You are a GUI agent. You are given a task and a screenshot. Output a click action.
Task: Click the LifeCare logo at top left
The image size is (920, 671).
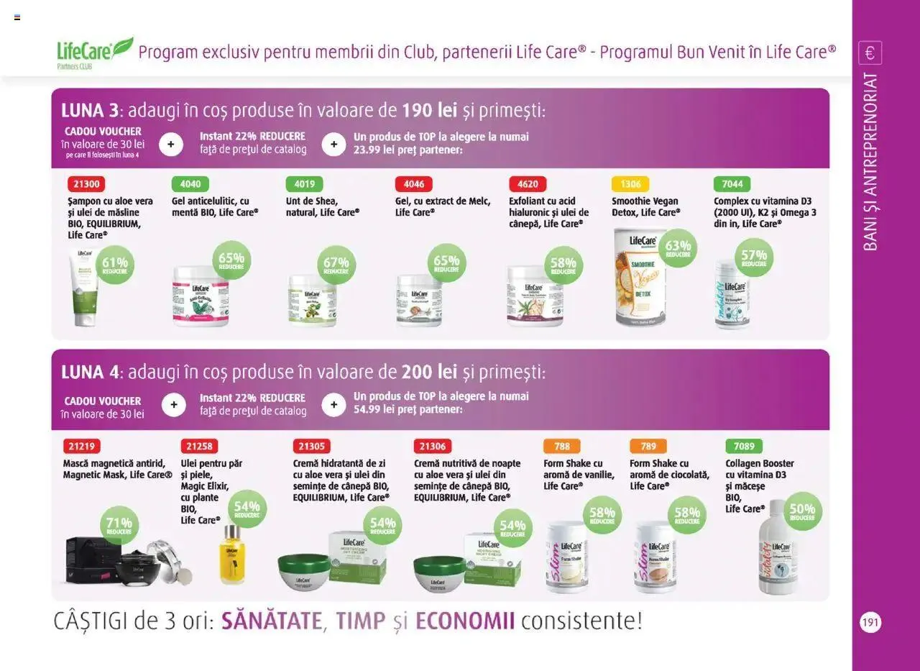coord(93,52)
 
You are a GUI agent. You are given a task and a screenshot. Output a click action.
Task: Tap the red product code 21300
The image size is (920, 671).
coord(85,184)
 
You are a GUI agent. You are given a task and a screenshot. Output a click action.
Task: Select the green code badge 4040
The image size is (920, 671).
coord(190,184)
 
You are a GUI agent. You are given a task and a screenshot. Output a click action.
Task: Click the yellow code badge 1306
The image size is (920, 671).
coord(630,184)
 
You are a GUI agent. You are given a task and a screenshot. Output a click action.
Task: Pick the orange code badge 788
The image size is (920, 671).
coord(561,447)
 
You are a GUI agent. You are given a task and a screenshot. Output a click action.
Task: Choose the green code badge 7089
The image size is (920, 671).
coord(744,447)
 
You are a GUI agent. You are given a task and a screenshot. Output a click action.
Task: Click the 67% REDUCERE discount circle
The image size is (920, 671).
coord(336,265)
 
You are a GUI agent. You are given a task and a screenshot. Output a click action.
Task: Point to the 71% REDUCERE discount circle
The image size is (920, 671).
coord(119,526)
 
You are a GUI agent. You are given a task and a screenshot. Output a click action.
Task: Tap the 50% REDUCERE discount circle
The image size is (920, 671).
coord(801,511)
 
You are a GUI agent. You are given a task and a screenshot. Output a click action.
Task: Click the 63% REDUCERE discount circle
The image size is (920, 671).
coord(678,248)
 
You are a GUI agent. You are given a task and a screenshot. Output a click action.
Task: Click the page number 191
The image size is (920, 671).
coord(870,623)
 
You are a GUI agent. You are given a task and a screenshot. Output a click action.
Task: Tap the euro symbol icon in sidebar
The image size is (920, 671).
coord(870,53)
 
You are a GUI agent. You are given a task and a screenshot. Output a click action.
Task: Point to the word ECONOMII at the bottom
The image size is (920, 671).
coord(465,621)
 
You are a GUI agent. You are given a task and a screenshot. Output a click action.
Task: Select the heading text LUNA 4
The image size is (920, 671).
coord(90,372)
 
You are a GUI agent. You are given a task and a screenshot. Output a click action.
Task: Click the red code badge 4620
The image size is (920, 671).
coord(528,184)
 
